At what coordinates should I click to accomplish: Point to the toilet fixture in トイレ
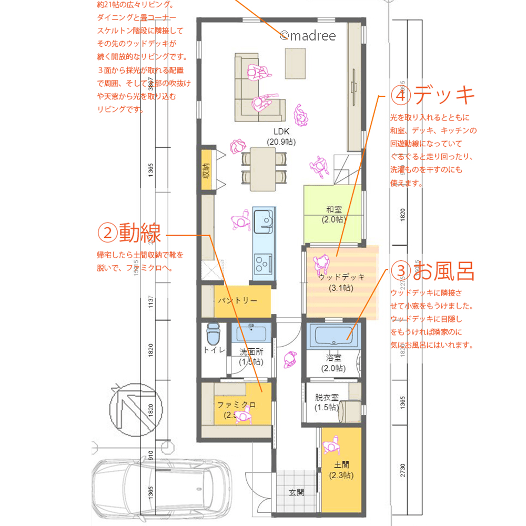click(x=213, y=333)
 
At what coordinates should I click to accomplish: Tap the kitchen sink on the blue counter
click(x=263, y=222)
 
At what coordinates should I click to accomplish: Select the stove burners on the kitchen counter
click(x=262, y=260)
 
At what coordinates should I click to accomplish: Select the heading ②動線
click(x=129, y=234)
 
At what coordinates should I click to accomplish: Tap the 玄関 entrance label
click(x=296, y=493)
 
